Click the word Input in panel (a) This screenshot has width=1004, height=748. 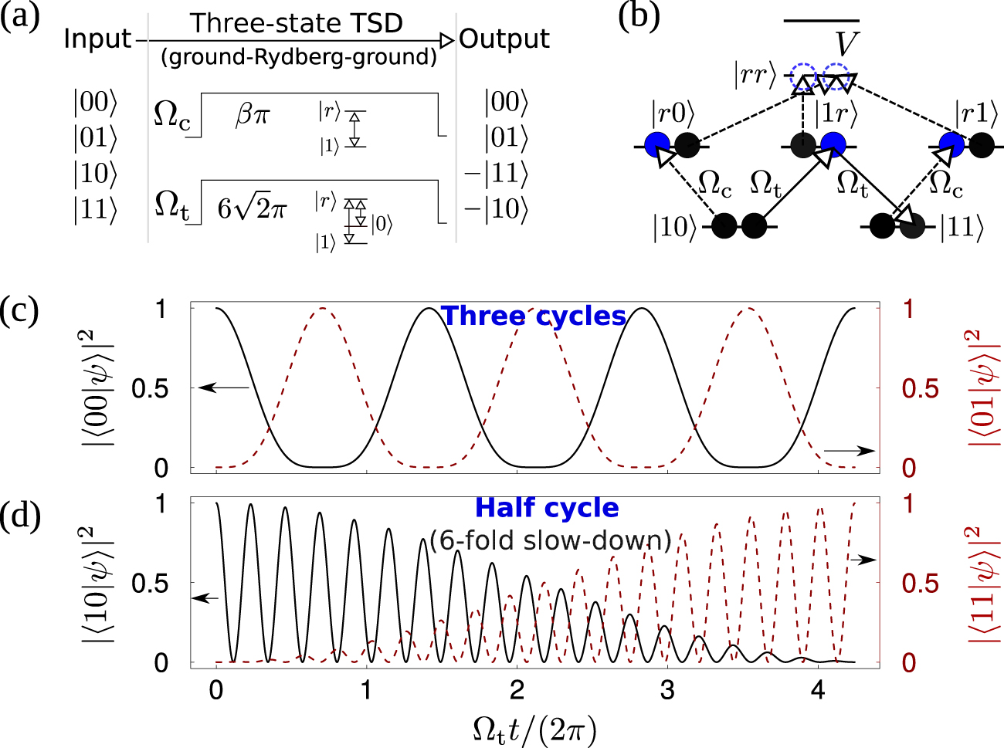(97, 39)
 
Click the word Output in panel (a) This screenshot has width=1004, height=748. (504, 39)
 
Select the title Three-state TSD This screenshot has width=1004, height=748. (297, 23)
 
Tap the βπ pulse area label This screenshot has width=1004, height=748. (253, 117)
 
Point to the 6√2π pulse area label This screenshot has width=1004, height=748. (252, 208)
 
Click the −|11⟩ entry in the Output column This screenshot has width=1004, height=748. (497, 173)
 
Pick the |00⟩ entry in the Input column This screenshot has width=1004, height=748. (95, 103)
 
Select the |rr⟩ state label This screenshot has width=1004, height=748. (755, 76)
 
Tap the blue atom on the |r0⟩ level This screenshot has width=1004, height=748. (657, 144)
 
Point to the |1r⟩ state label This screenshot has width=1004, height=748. (836, 114)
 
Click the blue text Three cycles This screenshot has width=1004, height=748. (533, 316)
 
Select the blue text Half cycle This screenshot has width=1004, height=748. (547, 508)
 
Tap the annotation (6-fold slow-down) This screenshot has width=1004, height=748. (551, 540)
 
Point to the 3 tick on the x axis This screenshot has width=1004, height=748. (667, 690)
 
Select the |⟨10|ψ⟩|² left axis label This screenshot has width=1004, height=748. (99, 584)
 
